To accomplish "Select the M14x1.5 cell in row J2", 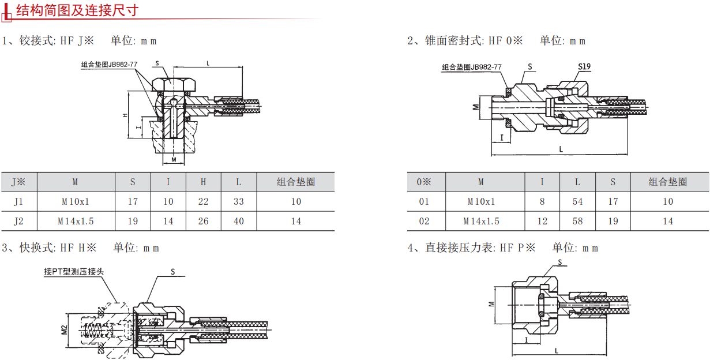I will [x=76, y=221].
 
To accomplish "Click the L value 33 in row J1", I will [x=239, y=201].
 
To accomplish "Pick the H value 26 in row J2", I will [x=203, y=221].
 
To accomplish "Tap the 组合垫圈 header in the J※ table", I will [x=295, y=182].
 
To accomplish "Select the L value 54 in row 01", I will [x=577, y=201].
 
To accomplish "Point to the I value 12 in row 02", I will [x=542, y=221].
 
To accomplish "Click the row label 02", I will [x=425, y=221].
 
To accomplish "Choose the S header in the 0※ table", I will [x=613, y=182].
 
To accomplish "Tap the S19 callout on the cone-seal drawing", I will [x=584, y=66].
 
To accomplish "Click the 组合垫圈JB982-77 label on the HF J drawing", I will [x=109, y=65].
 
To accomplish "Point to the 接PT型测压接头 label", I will [x=74, y=272].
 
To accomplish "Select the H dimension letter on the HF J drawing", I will [x=125, y=115].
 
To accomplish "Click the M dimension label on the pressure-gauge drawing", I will [x=491, y=303].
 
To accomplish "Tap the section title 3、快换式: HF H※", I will [x=49, y=247].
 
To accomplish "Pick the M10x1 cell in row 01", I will [x=481, y=201].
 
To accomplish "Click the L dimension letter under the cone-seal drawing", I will [x=561, y=149].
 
